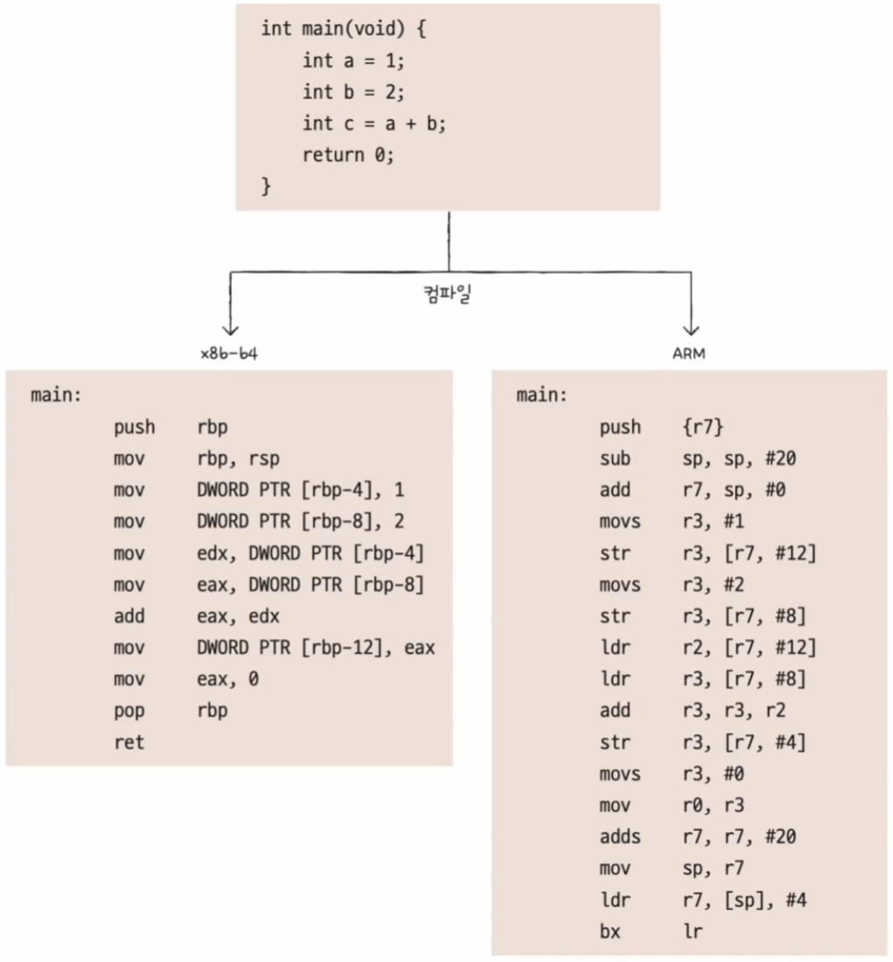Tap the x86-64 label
pyautogui.click(x=229, y=355)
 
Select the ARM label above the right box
pyautogui.click(x=691, y=355)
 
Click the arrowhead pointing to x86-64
pyautogui.click(x=230, y=329)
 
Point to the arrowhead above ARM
pyautogui.click(x=691, y=329)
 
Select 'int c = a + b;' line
pyautogui.click(x=374, y=123)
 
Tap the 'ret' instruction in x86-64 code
pyautogui.click(x=129, y=742)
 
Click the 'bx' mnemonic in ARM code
pyautogui.click(x=609, y=931)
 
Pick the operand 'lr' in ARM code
pyautogui.click(x=692, y=931)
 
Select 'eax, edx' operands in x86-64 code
pyautogui.click(x=238, y=616)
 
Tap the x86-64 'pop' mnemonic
pyautogui.click(x=129, y=711)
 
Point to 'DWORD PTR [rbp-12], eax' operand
pyautogui.click(x=316, y=648)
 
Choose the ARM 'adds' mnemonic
pyautogui.click(x=620, y=837)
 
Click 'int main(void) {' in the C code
pyautogui.click(x=343, y=29)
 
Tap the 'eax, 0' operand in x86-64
pyautogui.click(x=228, y=679)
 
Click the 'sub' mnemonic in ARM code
pyautogui.click(x=615, y=459)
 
